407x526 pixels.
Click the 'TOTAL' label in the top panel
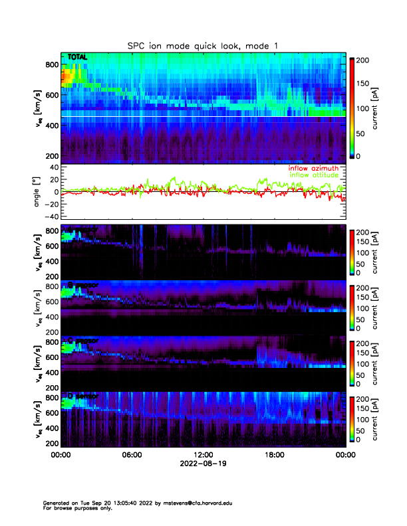pos(78,58)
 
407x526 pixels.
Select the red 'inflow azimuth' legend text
pos(314,169)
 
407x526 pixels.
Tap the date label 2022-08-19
pos(203,465)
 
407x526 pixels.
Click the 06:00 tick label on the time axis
pos(132,456)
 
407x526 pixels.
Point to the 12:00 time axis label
pos(203,456)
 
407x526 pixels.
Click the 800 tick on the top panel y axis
pos(51,64)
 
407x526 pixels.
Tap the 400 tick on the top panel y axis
pos(51,126)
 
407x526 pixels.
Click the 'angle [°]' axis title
pos(38,191)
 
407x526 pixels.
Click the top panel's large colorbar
pos(352,108)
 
